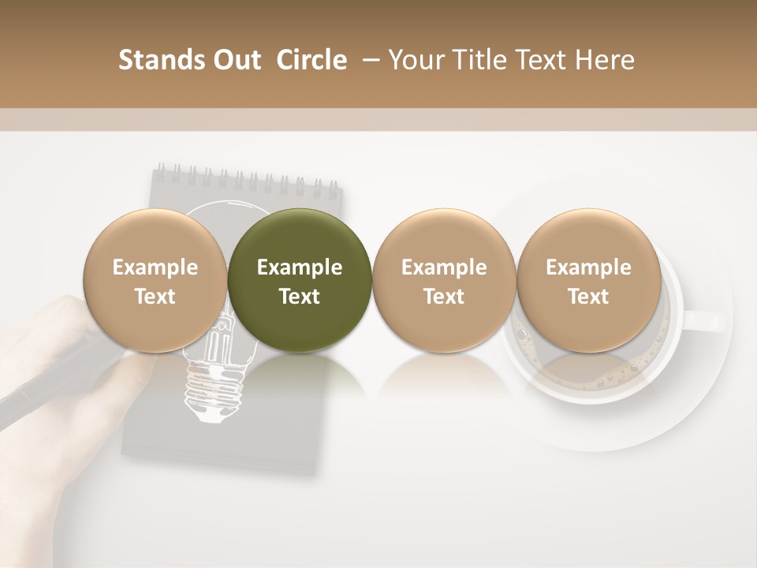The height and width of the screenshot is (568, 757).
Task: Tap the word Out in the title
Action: pos(234,60)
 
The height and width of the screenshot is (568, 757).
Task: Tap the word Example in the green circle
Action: pos(300,267)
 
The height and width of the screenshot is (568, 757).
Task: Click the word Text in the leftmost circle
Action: pos(155,297)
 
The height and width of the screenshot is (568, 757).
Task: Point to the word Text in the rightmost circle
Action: pos(589,297)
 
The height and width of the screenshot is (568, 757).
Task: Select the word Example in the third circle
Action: pos(444,267)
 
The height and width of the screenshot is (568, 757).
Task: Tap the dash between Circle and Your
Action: pos(367,60)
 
